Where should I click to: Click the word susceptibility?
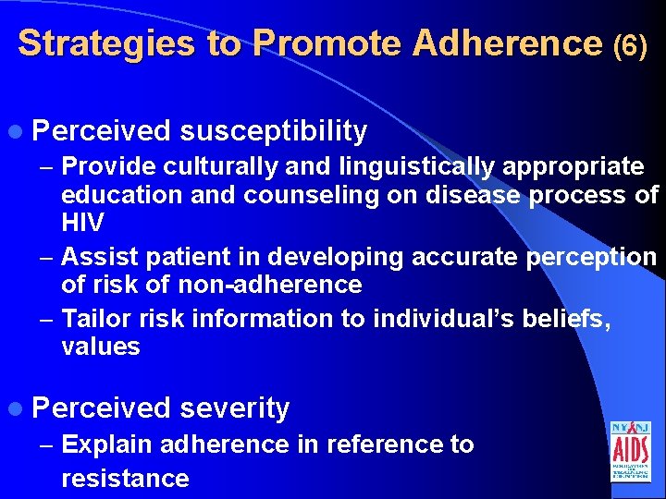tap(274, 132)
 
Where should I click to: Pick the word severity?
tap(235, 408)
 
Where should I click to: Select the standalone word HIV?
tap(83, 224)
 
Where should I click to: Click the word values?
tap(100, 347)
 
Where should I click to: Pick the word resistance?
tap(125, 478)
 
